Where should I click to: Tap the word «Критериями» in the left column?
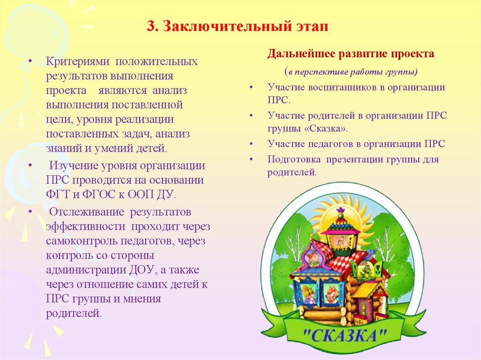point(78,62)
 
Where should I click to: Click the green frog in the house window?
point(363,271)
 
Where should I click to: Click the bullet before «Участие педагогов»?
point(252,145)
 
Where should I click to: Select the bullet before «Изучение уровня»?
point(31,166)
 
